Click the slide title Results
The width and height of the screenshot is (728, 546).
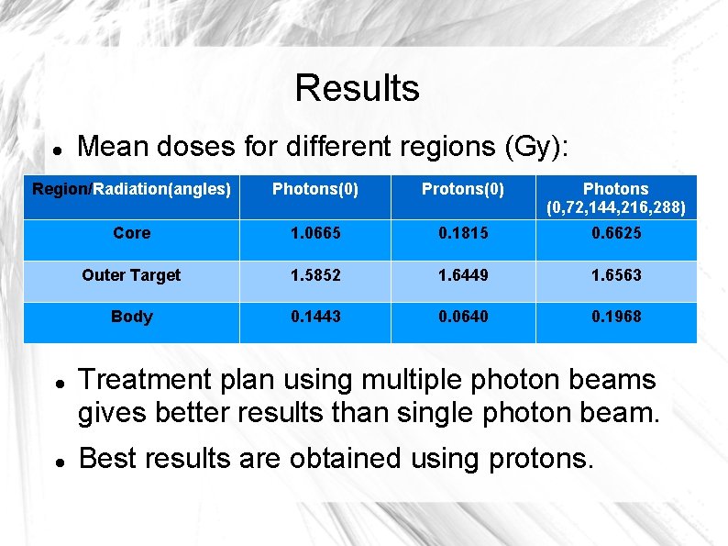[357, 88]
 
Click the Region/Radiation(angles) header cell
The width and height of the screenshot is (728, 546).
[131, 190]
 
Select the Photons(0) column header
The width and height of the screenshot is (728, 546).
[314, 190]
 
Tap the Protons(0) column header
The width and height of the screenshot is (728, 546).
[462, 190]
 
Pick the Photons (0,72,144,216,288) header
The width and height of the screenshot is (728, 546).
[615, 198]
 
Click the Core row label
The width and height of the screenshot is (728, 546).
[131, 233]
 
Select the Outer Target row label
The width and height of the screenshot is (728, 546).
[131, 274]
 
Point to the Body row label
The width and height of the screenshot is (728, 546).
[131, 317]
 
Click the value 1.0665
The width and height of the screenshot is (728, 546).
[314, 233]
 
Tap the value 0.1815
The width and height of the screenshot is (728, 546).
[462, 233]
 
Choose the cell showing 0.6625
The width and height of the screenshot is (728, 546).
[615, 233]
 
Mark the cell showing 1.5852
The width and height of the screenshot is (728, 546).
[314, 274]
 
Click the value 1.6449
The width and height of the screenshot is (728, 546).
[462, 274]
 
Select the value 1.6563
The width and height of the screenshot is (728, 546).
[615, 274]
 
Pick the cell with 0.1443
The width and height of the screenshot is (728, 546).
[314, 317]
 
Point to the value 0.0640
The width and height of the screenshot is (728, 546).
[462, 317]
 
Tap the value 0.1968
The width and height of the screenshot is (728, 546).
[615, 317]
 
